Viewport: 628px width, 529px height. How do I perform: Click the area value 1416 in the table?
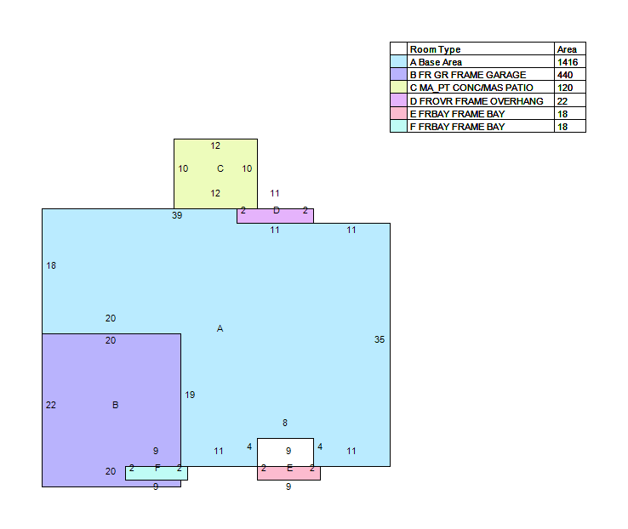[568, 62]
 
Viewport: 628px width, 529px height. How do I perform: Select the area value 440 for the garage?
[565, 75]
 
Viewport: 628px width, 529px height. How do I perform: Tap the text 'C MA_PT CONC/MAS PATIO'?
[471, 88]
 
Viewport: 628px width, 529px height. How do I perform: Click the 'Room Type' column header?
[435, 49]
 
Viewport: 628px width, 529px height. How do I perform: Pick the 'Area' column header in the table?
[567, 49]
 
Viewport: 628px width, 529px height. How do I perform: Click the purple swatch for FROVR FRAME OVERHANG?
[398, 100]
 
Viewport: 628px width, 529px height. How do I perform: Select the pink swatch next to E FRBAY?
[398, 113]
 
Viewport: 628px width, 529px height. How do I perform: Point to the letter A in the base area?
[220, 328]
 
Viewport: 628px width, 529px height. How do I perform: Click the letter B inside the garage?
[116, 405]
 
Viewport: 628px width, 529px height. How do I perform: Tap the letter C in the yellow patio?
[220, 168]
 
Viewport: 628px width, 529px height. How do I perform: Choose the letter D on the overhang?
[277, 210]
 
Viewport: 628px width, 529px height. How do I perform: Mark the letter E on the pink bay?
[290, 468]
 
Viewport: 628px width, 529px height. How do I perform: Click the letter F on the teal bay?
[157, 468]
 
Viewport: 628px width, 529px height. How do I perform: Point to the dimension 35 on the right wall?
[380, 339]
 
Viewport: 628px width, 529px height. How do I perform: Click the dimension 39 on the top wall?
[177, 215]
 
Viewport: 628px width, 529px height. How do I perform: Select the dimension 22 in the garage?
[51, 405]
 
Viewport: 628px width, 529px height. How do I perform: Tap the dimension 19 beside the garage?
[190, 395]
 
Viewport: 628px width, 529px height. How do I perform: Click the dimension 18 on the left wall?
[51, 265]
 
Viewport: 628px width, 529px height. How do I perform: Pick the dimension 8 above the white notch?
[285, 423]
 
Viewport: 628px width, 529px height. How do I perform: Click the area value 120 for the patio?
[565, 88]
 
